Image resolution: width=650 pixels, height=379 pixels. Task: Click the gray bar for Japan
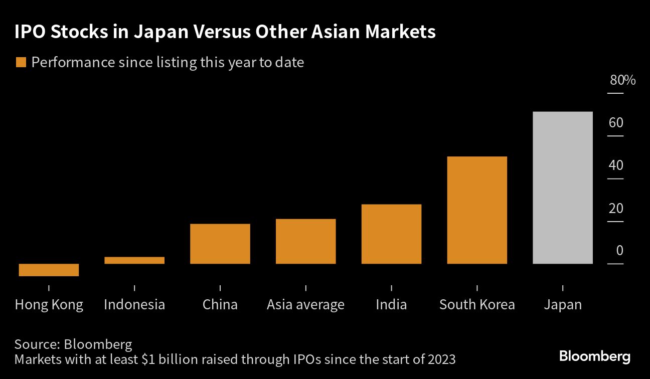tap(562, 187)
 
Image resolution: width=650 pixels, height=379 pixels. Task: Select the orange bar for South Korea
tap(476, 210)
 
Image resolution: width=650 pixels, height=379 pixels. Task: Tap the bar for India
tap(391, 234)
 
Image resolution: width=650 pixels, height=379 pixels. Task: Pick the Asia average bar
tap(305, 241)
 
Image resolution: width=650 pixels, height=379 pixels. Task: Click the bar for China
tap(220, 244)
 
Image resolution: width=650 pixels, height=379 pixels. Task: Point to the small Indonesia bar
tap(134, 260)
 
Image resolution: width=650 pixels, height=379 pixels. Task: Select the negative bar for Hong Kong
tap(49, 270)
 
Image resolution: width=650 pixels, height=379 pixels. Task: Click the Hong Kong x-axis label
tap(49, 304)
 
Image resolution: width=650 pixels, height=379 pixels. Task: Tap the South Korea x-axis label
tap(476, 304)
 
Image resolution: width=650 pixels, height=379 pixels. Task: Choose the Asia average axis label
tap(305, 304)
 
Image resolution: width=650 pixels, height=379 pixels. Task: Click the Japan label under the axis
tap(562, 304)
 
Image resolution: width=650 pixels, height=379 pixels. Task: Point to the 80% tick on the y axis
tap(622, 80)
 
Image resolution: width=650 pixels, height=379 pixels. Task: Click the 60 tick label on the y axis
tap(616, 123)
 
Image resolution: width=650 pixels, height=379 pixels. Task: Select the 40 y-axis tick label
tap(616, 165)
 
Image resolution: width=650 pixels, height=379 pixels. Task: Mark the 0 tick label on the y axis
tap(619, 250)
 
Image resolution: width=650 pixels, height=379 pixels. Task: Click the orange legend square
tap(21, 63)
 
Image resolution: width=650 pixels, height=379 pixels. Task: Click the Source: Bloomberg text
tap(73, 344)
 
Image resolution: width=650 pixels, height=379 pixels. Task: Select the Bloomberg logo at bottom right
tap(594, 357)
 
